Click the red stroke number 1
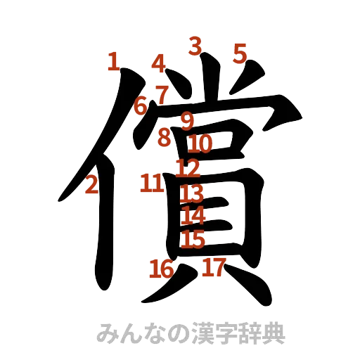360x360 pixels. point(113,63)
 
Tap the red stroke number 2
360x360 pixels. point(91,186)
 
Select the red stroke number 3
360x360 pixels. point(195,46)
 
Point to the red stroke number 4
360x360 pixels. point(159,63)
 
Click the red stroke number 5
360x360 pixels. point(240,52)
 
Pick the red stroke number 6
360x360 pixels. point(141,106)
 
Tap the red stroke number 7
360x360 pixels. point(162,93)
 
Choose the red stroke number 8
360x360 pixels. point(164,138)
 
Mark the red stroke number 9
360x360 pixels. point(186,121)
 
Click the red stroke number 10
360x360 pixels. point(200,144)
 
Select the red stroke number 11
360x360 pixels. point(152,184)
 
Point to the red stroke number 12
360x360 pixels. point(188,168)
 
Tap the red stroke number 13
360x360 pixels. point(192,193)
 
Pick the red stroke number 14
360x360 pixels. point(193,216)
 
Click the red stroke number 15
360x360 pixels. point(192,239)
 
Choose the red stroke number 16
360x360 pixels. point(161,268)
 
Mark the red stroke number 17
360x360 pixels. point(213,267)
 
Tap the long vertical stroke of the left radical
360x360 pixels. point(103,232)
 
